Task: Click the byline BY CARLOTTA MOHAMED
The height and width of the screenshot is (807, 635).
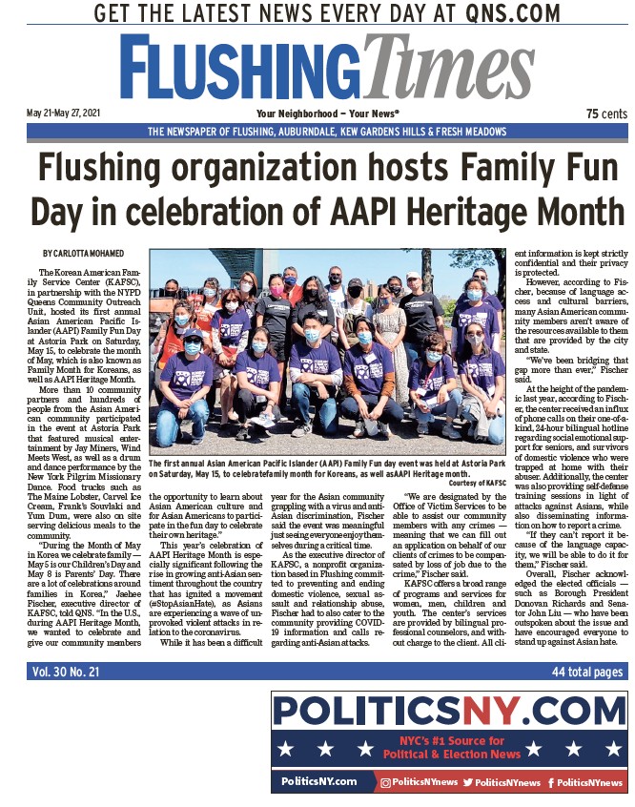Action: pos(86,253)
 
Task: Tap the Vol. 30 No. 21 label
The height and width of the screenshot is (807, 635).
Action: pos(67,672)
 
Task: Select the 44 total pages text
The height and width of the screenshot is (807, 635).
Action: pos(588,672)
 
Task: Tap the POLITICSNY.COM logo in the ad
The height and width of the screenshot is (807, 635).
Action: pos(448,711)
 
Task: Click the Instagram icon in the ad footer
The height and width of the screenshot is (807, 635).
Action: pos(386,782)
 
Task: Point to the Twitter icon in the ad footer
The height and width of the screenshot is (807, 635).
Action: pos(469,782)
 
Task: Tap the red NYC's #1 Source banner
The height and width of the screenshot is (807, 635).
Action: pos(448,747)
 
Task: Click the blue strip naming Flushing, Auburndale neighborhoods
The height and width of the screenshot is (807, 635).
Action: pos(327,132)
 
